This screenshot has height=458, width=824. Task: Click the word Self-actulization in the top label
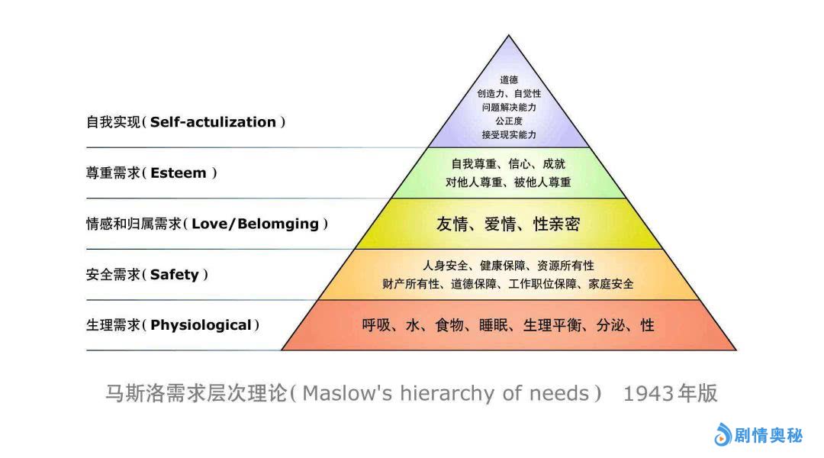click(x=213, y=122)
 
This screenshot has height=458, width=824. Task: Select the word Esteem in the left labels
click(x=178, y=173)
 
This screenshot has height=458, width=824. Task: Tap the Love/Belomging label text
click(x=255, y=224)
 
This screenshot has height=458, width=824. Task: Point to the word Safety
click(x=175, y=275)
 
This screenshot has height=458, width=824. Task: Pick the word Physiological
click(x=201, y=325)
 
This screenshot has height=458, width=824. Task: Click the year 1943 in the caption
click(x=649, y=393)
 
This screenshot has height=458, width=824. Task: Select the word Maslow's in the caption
click(x=347, y=393)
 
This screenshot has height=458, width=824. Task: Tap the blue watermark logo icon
click(x=723, y=434)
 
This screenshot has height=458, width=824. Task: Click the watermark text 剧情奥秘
click(x=768, y=435)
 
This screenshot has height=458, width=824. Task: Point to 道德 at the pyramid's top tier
click(x=509, y=80)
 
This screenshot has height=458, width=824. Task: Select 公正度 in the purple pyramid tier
click(x=509, y=121)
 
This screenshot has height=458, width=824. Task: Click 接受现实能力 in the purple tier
click(x=509, y=134)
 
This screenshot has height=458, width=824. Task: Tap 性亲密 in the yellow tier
click(x=556, y=224)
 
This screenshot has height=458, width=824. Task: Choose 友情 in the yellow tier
click(x=452, y=224)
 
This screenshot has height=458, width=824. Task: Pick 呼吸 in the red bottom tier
click(x=376, y=325)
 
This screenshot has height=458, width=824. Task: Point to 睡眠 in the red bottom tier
click(x=494, y=325)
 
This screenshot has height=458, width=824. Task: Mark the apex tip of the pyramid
click(x=508, y=35)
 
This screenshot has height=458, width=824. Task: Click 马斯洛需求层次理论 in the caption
click(x=197, y=393)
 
